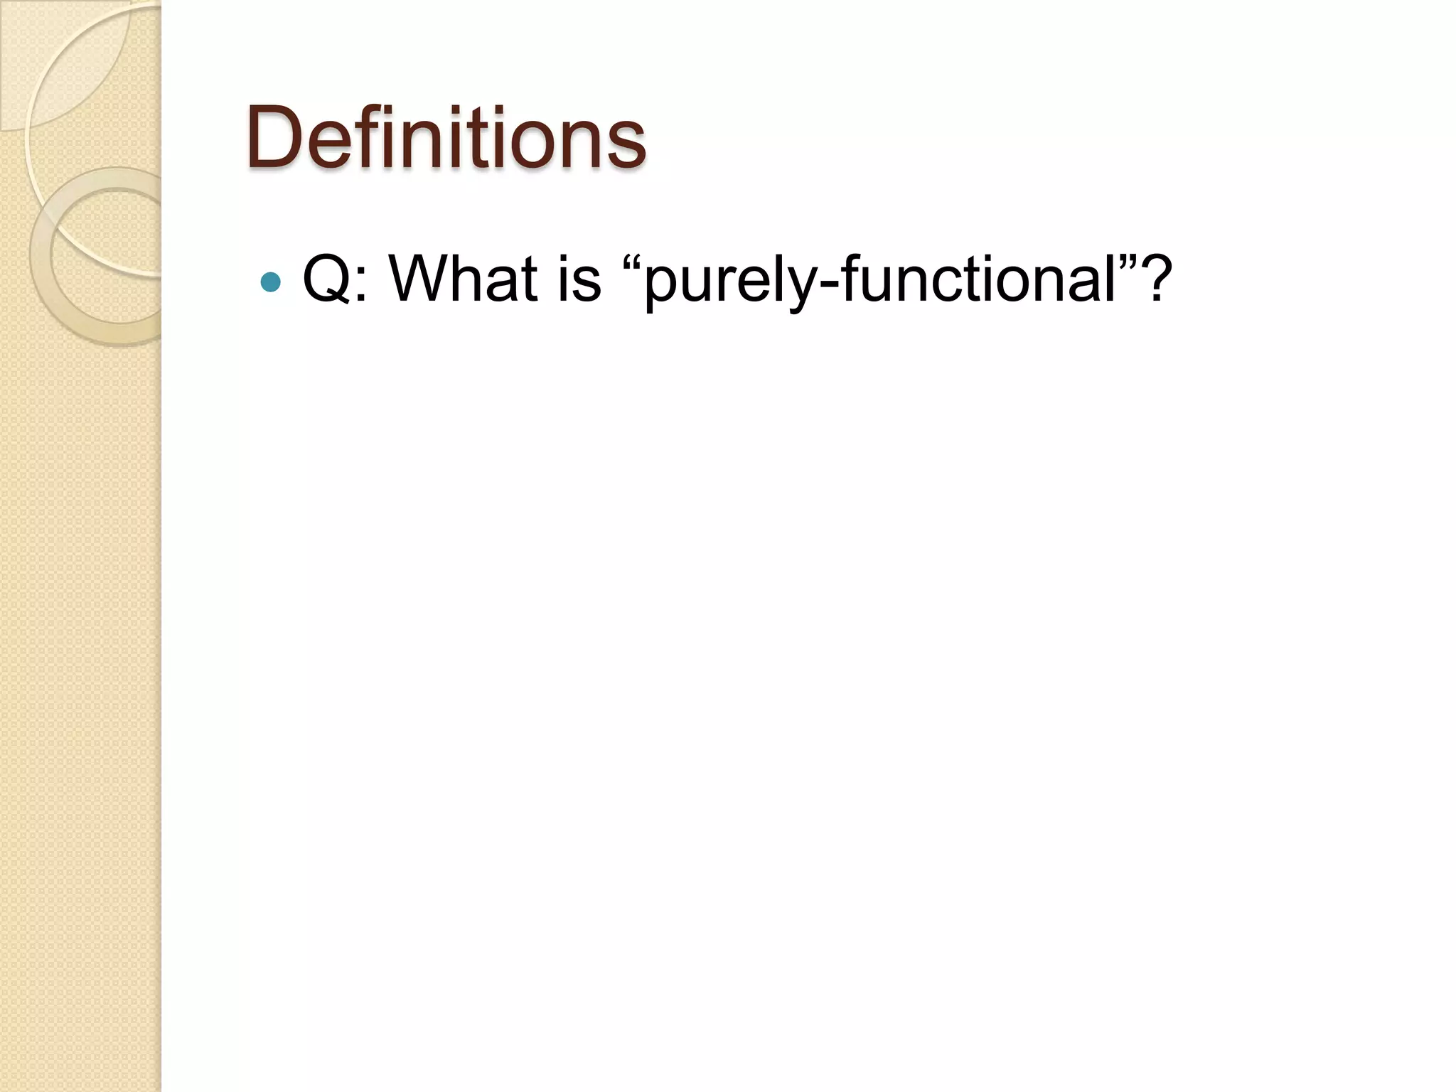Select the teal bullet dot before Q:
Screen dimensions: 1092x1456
(x=271, y=282)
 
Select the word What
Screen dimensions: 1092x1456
(x=462, y=279)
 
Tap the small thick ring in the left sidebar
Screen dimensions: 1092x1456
(x=41, y=256)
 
